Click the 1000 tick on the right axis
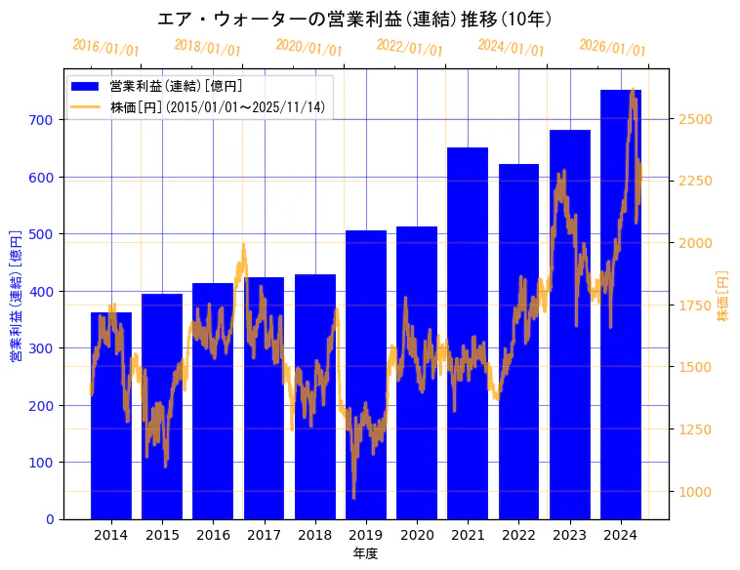click(695, 492)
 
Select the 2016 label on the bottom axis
click(213, 535)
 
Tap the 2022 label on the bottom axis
click(518, 535)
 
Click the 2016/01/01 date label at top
click(105, 48)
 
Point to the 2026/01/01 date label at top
click(612, 48)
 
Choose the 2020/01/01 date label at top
click(308, 48)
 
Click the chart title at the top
click(355, 19)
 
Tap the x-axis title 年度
click(365, 553)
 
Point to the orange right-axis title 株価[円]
click(723, 297)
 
